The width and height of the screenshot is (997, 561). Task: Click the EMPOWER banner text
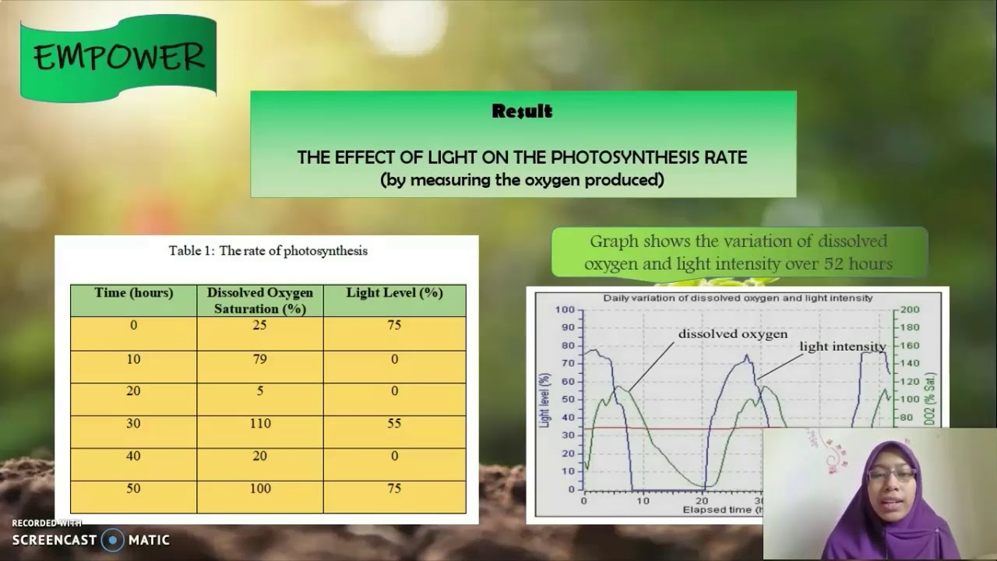click(x=118, y=57)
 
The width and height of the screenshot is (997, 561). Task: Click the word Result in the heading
click(x=522, y=111)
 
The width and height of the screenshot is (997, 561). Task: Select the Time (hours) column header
click(x=133, y=293)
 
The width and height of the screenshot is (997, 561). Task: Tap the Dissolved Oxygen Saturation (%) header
click(x=259, y=300)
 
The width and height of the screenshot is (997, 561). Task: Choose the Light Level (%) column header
click(x=394, y=293)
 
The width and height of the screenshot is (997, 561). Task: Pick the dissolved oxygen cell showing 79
click(x=259, y=359)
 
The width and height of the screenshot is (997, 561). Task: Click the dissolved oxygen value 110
click(x=259, y=423)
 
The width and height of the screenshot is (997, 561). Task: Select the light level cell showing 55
click(x=394, y=423)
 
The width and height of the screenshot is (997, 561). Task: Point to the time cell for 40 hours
click(x=133, y=456)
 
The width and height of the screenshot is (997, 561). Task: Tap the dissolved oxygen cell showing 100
click(x=259, y=489)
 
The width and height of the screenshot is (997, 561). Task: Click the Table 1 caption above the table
click(x=268, y=251)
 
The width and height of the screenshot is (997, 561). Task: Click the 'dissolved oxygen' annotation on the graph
click(x=732, y=334)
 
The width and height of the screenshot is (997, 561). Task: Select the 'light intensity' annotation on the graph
click(x=842, y=347)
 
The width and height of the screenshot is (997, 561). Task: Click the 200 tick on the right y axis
click(x=910, y=310)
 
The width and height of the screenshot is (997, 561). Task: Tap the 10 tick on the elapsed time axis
click(x=643, y=500)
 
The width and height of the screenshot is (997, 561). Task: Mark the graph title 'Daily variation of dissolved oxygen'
click(x=738, y=298)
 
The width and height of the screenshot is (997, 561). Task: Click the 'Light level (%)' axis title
click(x=544, y=399)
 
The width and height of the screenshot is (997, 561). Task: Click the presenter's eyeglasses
click(x=891, y=475)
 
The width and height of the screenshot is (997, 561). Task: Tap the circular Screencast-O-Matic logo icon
click(x=113, y=539)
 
